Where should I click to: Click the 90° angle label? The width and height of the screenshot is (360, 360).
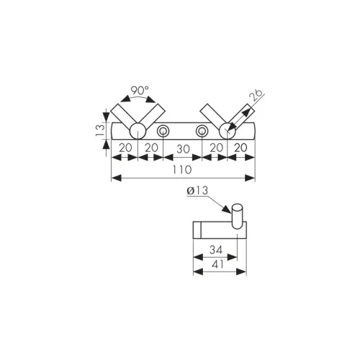(x=140, y=91)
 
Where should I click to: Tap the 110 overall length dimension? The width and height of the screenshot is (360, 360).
(x=182, y=170)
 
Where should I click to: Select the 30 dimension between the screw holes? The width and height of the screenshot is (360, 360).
(x=183, y=149)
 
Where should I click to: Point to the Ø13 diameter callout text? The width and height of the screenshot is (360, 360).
(x=197, y=191)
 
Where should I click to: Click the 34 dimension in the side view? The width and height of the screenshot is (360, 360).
(x=216, y=250)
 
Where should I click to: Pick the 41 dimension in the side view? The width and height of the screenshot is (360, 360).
(x=218, y=264)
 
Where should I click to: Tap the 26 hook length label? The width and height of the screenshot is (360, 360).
(x=256, y=95)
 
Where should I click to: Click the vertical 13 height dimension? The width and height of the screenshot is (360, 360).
(x=100, y=131)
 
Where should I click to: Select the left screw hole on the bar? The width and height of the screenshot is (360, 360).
(x=163, y=131)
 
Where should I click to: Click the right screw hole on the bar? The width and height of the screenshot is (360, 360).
(x=202, y=131)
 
